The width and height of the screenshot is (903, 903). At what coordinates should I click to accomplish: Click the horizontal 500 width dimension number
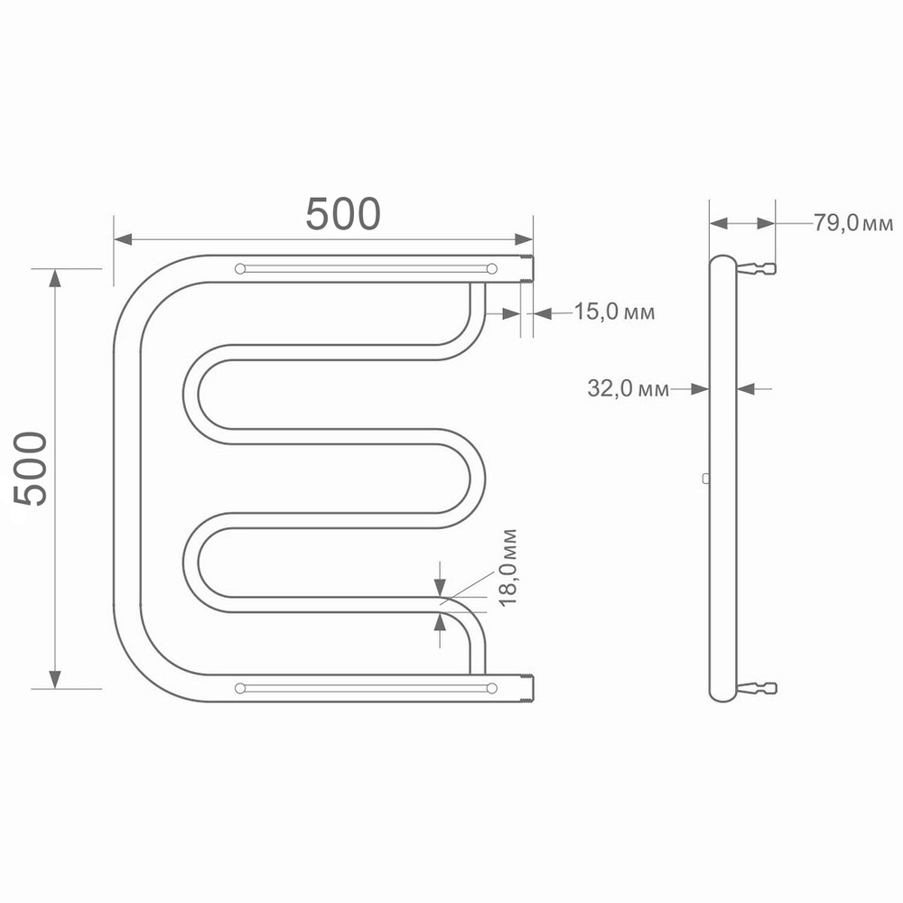(343, 214)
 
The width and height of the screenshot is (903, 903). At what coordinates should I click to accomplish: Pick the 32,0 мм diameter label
(628, 389)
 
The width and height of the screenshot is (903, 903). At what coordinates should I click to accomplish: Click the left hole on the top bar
(239, 268)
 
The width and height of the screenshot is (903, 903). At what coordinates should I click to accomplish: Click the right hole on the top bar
(491, 268)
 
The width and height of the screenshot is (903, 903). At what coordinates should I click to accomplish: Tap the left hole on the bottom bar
(239, 688)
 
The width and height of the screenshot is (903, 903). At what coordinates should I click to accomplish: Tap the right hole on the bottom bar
(491, 688)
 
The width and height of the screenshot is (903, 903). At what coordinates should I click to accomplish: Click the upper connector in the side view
(758, 268)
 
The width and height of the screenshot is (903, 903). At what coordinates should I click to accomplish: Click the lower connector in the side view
(758, 688)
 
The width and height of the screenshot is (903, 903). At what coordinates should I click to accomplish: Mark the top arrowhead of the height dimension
(55, 278)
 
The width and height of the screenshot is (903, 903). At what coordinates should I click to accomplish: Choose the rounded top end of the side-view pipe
(722, 261)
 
